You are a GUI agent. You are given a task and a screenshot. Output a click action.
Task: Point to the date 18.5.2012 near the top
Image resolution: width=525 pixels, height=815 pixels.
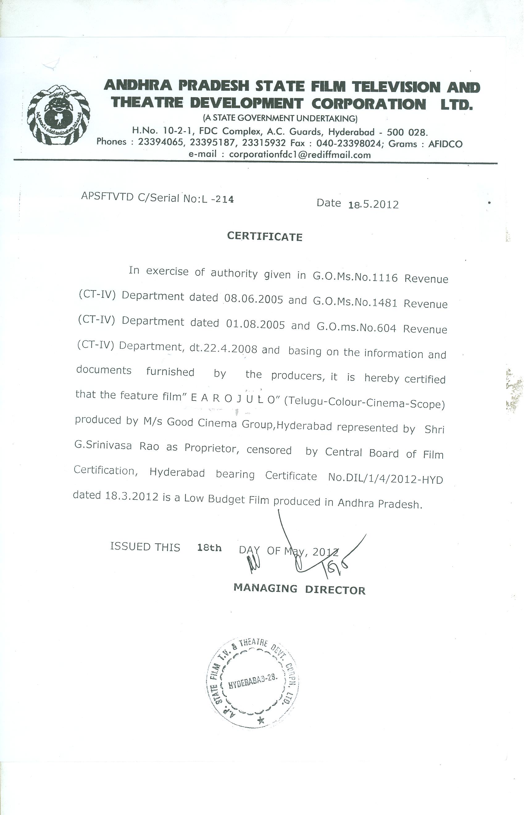374,204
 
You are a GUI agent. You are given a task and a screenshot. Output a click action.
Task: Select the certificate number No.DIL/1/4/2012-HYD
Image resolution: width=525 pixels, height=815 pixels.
385,478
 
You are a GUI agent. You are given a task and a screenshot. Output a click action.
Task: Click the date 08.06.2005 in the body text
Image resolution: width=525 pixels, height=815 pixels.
254,299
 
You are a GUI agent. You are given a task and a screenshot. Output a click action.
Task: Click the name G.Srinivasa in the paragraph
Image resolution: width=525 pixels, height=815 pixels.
103,445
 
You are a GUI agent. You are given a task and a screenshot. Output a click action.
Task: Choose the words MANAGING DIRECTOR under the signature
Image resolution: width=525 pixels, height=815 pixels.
299,589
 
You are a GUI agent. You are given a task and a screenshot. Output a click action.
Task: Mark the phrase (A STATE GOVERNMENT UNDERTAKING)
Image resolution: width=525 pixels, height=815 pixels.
280,118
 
